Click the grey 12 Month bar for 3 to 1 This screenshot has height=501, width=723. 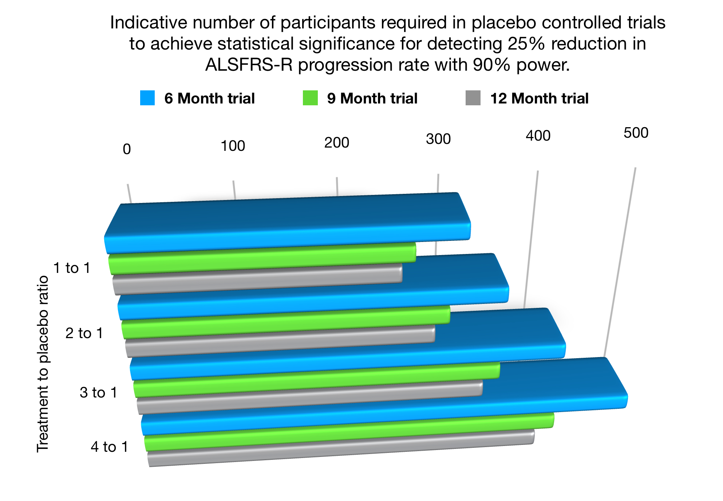click(309, 398)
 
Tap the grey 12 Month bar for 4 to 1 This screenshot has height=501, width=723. click(340, 449)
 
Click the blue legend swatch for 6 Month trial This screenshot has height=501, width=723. click(147, 98)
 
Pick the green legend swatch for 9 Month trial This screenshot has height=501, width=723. click(310, 98)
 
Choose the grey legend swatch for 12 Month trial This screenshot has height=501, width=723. click(473, 98)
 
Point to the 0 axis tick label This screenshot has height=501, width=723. click(127, 149)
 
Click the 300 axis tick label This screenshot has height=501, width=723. click(438, 139)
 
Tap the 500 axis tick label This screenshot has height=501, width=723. click(636, 133)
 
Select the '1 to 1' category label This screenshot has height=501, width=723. click(72, 268)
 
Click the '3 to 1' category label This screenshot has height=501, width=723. click(99, 393)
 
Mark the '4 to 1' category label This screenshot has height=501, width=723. click(110, 447)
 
